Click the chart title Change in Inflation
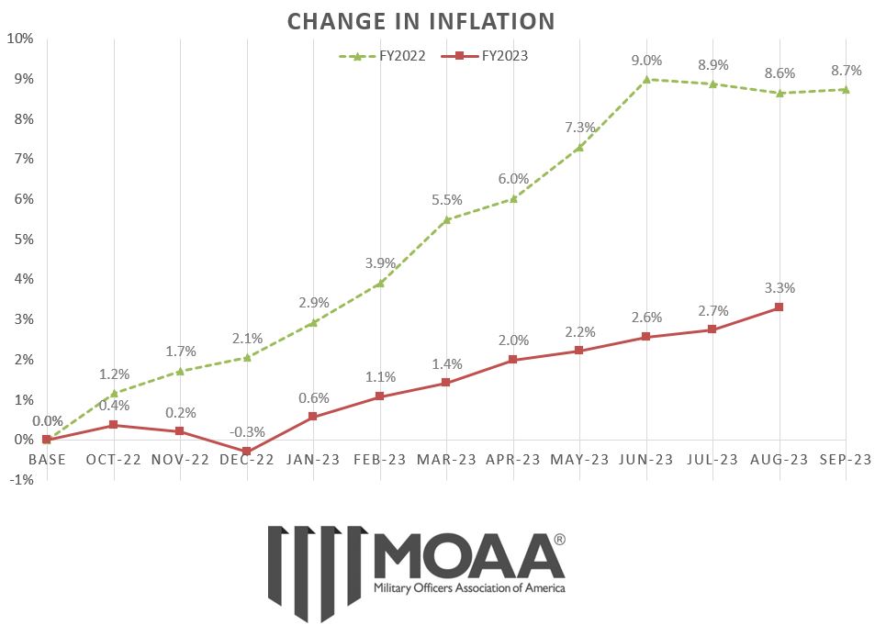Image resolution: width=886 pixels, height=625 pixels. [421, 20]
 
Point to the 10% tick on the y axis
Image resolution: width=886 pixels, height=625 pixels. [20, 39]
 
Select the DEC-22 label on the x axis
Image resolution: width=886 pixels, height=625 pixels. [246, 459]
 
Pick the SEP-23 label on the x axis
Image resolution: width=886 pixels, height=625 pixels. [847, 459]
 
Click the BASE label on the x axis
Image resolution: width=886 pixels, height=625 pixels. [46, 459]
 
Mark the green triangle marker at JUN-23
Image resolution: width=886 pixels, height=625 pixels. [646, 79]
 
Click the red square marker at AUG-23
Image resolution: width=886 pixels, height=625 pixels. [779, 307]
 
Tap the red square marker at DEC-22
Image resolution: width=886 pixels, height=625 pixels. [246, 452]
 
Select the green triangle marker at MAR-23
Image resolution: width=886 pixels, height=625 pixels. [446, 219]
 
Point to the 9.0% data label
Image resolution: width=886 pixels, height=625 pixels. [646, 61]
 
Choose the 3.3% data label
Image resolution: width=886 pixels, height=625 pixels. [779, 288]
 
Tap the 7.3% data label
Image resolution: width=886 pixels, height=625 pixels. [579, 128]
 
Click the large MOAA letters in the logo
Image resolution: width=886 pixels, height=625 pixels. [469, 553]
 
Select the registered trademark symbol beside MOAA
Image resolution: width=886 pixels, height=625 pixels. [559, 539]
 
